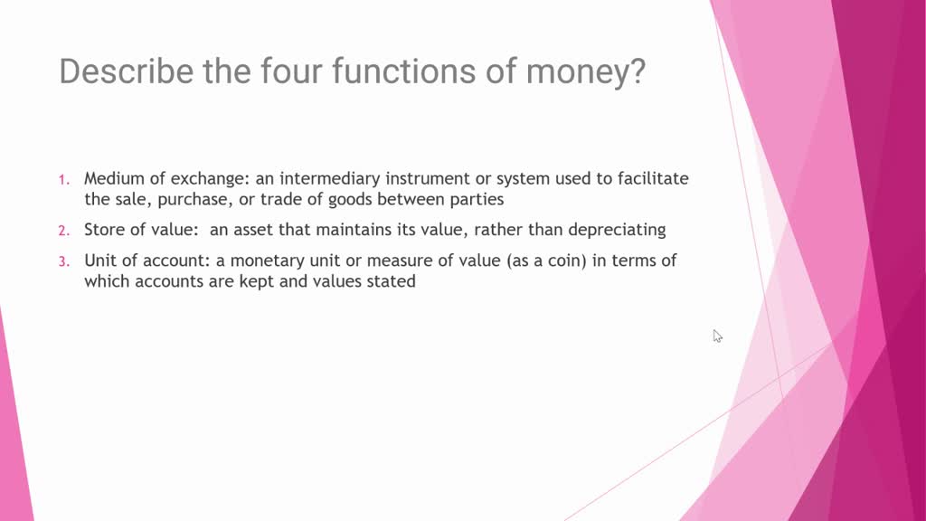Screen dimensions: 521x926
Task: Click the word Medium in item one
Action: click(x=112, y=178)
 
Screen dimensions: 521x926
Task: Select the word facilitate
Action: click(x=653, y=178)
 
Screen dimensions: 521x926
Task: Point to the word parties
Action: click(x=476, y=199)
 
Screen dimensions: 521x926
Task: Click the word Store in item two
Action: click(x=104, y=230)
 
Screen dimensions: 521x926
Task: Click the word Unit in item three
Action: click(x=100, y=260)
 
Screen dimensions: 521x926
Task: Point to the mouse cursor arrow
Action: click(x=716, y=335)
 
